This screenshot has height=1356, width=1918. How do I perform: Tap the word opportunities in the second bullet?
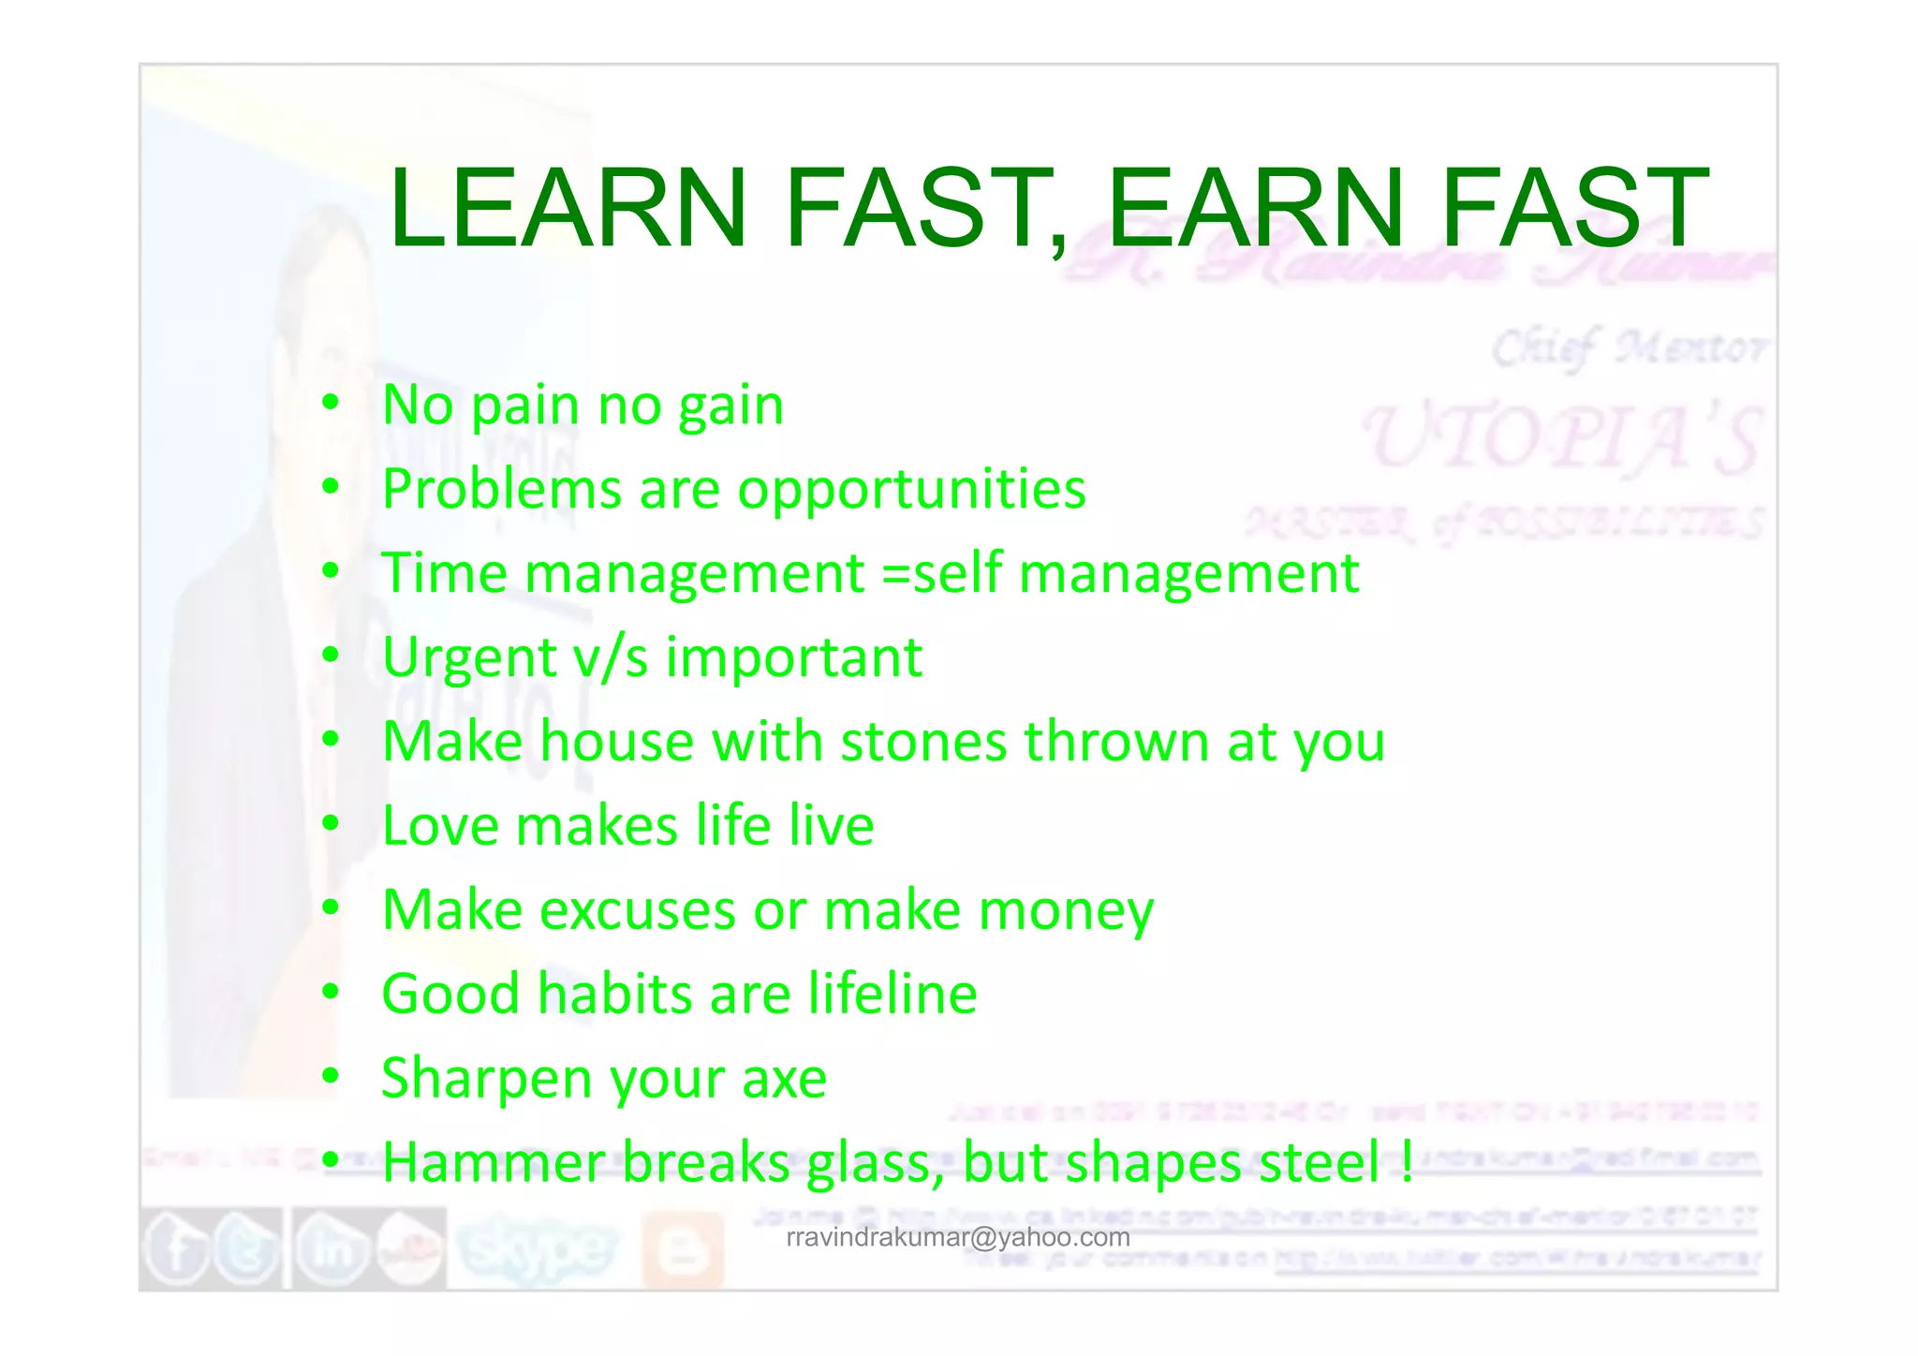click(911, 490)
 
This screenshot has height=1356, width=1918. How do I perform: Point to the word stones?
click(923, 742)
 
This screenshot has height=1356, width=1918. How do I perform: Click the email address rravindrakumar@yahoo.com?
click(958, 1238)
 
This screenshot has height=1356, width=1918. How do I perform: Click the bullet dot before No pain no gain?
click(330, 404)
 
